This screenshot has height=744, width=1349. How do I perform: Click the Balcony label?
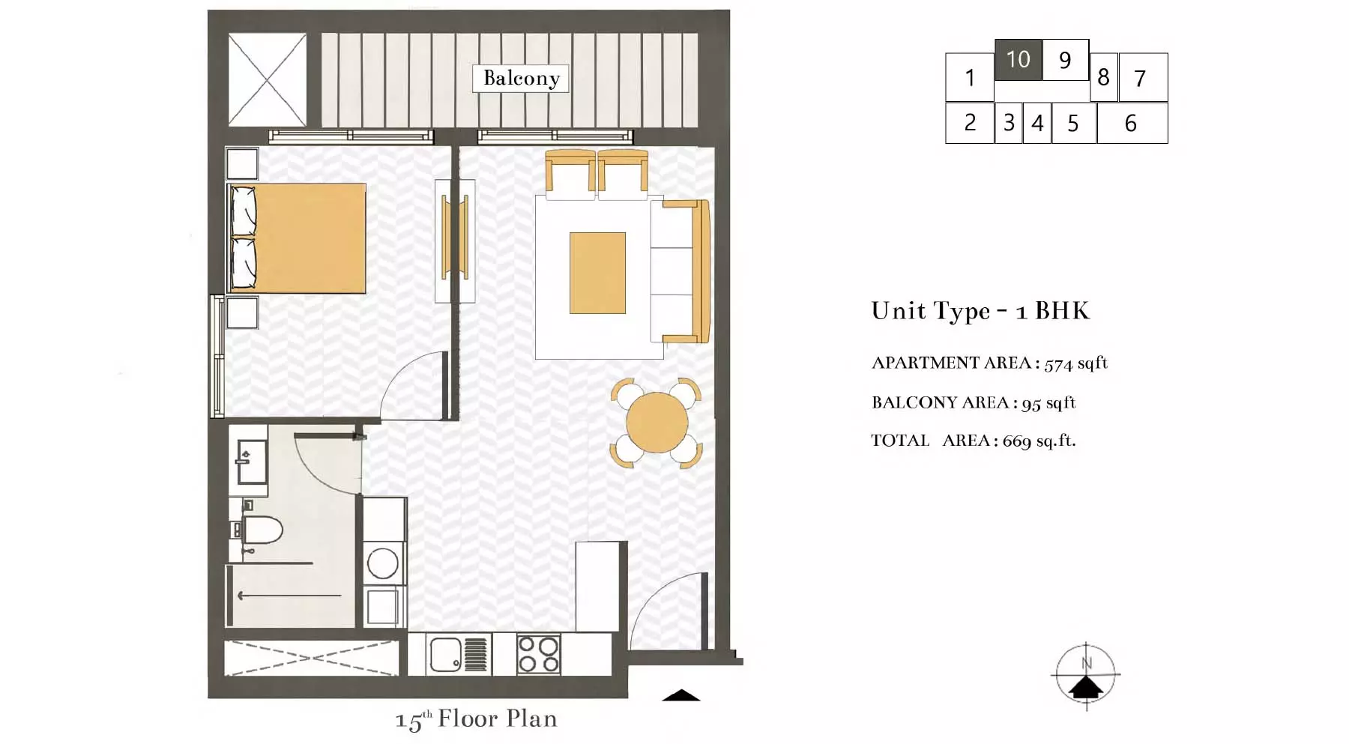tap(521, 78)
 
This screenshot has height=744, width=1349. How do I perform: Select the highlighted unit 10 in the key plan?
tap(1018, 59)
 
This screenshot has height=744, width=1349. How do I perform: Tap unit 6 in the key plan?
tap(1132, 123)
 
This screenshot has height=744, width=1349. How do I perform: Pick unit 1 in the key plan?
tap(970, 77)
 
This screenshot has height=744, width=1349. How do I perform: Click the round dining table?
tap(657, 423)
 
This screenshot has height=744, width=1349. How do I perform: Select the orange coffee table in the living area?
tap(597, 273)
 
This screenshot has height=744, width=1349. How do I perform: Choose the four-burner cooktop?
tap(538, 654)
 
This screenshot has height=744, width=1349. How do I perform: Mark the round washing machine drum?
tap(382, 563)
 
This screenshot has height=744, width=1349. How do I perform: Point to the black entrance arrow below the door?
tap(681, 695)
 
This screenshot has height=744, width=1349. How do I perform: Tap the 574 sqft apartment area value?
tap(1075, 363)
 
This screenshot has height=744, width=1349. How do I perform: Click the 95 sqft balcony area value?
tap(1048, 403)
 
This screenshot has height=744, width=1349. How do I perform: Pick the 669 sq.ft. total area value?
tap(1039, 441)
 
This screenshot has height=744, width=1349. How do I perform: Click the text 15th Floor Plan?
tap(476, 719)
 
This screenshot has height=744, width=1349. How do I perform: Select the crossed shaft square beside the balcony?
tap(267, 79)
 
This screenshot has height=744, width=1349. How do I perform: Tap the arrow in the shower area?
tap(289, 596)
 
